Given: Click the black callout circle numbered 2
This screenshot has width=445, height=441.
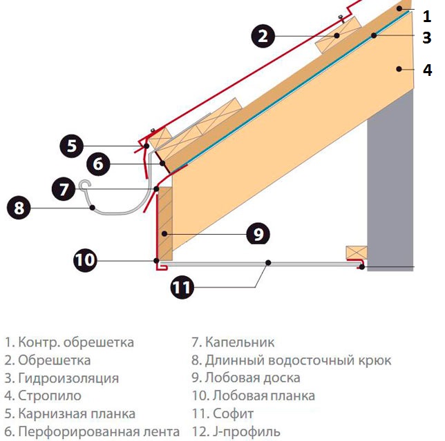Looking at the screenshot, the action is [263, 36].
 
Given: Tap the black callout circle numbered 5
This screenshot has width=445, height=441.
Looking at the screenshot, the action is [72, 146].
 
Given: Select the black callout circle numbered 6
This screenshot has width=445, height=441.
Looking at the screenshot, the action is [98, 164].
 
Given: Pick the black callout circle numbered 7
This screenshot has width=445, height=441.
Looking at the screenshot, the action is [64, 189].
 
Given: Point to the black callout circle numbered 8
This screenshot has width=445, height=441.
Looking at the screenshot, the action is [19, 208].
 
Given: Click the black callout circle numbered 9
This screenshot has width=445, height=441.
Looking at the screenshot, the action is [258, 233].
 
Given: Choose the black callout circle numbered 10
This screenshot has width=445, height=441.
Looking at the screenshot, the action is [85, 260].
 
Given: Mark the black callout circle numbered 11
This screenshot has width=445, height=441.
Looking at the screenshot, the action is [182, 287].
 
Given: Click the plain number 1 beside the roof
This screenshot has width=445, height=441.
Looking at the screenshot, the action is [426, 16].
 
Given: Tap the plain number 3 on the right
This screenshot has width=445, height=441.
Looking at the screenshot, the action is [426, 38].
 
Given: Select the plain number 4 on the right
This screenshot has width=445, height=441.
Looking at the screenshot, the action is [427, 70].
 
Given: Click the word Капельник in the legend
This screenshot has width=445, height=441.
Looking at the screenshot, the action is [240, 342].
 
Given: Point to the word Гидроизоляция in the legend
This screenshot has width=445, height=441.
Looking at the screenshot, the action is [68, 378].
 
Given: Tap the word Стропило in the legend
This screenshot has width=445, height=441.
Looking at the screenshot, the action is [50, 396].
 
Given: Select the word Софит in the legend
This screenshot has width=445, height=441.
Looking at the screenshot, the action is [233, 413].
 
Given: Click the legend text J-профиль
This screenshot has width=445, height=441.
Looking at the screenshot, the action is [246, 432].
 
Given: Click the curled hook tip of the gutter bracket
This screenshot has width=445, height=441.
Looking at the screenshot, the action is [85, 184].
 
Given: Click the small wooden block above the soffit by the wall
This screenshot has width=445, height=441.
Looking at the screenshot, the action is [357, 253].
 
